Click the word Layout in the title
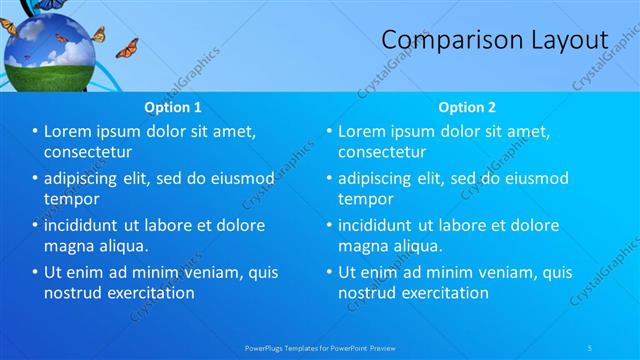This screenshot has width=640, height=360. (x=567, y=39)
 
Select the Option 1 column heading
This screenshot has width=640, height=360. (x=172, y=106)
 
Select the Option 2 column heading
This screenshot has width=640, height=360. (x=466, y=106)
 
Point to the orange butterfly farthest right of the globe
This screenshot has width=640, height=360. (x=127, y=48)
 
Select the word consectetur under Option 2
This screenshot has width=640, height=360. (x=382, y=152)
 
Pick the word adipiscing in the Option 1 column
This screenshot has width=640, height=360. (x=88, y=179)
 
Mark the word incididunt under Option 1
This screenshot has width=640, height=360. (x=87, y=225)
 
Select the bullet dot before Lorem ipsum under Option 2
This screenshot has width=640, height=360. (x=329, y=132)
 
